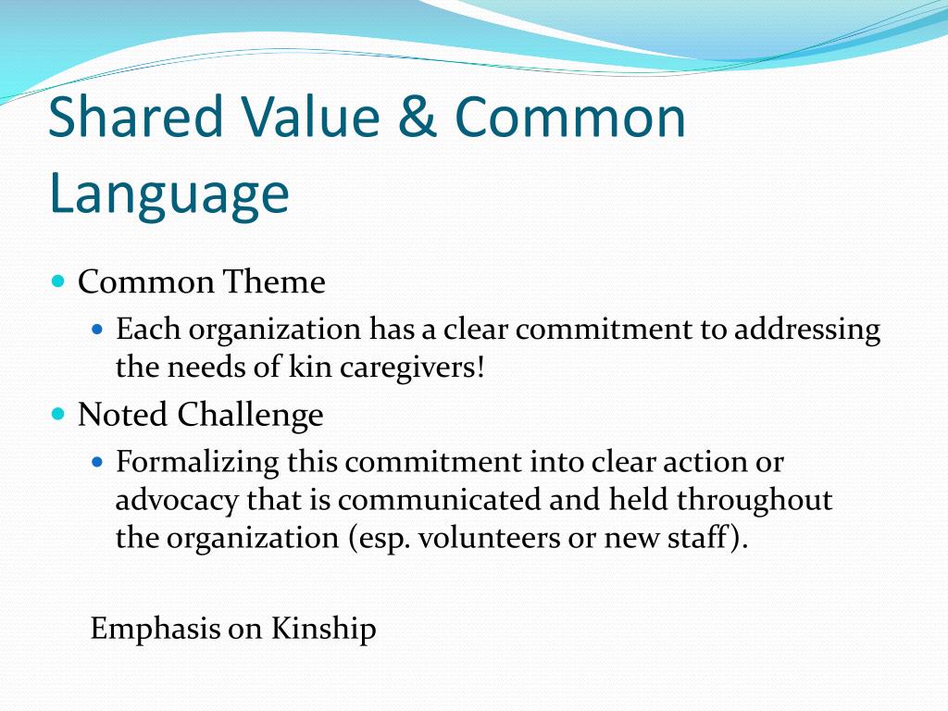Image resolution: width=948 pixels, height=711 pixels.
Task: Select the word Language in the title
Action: tap(168, 193)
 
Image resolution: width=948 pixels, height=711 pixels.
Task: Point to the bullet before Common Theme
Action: tap(58, 280)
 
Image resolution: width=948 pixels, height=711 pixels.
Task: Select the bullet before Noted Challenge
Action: tap(58, 413)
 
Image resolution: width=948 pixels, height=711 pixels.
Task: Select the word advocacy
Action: tap(176, 500)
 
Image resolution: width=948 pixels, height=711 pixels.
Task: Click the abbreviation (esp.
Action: tap(380, 539)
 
